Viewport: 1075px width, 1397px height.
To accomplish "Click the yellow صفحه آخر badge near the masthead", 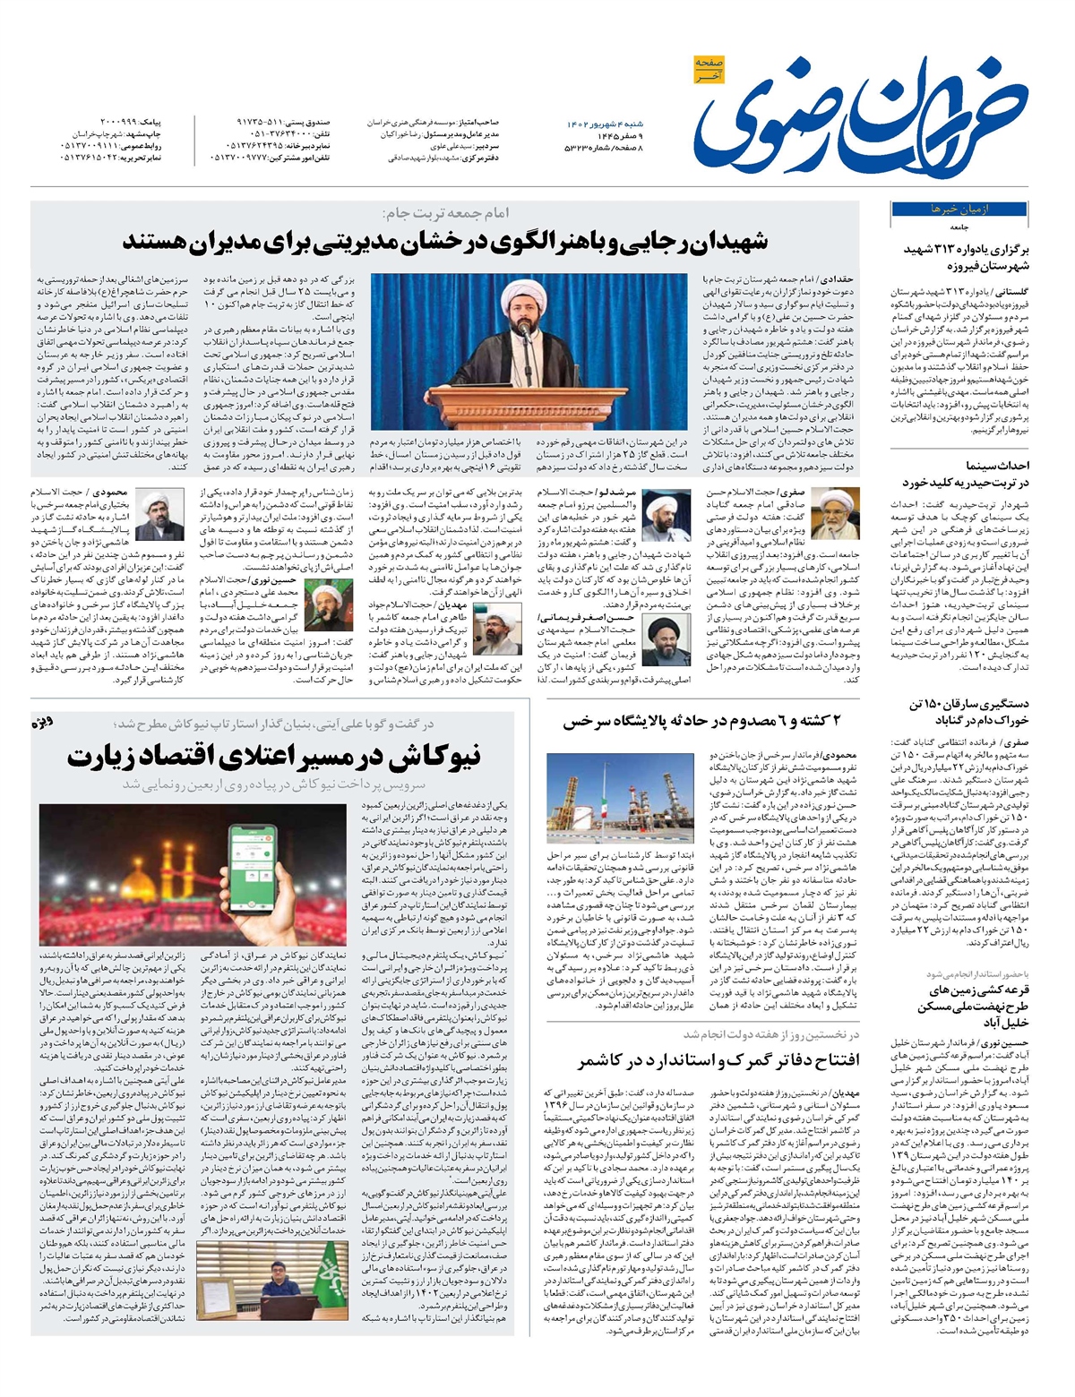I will (709, 69).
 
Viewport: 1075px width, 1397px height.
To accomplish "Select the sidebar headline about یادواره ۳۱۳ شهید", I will (967, 258).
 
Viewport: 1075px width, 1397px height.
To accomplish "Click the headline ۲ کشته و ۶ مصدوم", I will (712, 723).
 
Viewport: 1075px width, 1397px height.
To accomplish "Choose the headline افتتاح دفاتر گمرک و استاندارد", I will (718, 1060).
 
